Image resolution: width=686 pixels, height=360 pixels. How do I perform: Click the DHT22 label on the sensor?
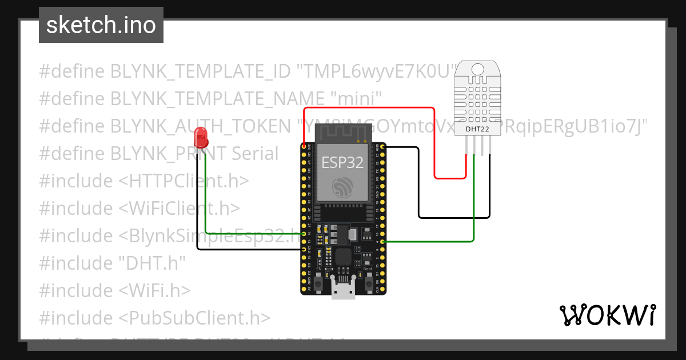click(476, 129)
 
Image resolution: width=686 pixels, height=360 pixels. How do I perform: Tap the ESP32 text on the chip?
click(342, 162)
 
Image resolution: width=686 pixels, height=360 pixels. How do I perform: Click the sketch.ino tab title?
click(101, 26)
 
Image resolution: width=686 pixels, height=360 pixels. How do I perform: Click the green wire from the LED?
click(205, 200)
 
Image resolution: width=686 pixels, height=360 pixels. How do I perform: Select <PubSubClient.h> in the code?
click(194, 318)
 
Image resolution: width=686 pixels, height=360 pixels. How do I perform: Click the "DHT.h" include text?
click(152, 263)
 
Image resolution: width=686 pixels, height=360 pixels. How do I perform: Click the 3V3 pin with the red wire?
click(304, 147)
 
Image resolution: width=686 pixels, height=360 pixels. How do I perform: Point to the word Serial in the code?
click(255, 154)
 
